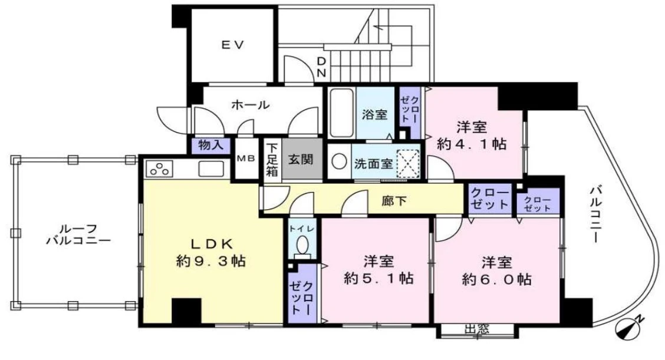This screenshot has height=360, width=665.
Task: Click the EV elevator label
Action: [233, 44]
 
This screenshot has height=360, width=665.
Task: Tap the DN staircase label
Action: [321, 67]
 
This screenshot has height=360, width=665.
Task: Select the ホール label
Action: [250, 104]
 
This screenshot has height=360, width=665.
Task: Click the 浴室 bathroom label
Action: [374, 114]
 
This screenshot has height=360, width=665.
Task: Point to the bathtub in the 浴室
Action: [342, 113]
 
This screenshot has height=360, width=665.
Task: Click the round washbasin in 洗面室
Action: [340, 161]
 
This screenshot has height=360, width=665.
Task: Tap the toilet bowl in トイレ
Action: [302, 246]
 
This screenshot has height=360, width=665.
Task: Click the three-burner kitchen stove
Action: [159, 169]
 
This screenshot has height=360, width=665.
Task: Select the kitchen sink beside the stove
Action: [211, 169]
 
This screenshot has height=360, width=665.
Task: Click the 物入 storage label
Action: [211, 146]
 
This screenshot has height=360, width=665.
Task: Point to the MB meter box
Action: [246, 159]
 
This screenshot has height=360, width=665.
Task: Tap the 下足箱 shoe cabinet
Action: [272, 160]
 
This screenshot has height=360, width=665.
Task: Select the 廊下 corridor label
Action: [394, 200]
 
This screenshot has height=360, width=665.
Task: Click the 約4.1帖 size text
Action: [472, 144]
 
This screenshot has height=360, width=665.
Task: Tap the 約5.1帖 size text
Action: [378, 278]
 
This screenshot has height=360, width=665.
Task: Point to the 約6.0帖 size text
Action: [496, 279]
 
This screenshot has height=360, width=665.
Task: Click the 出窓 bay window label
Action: [476, 329]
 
